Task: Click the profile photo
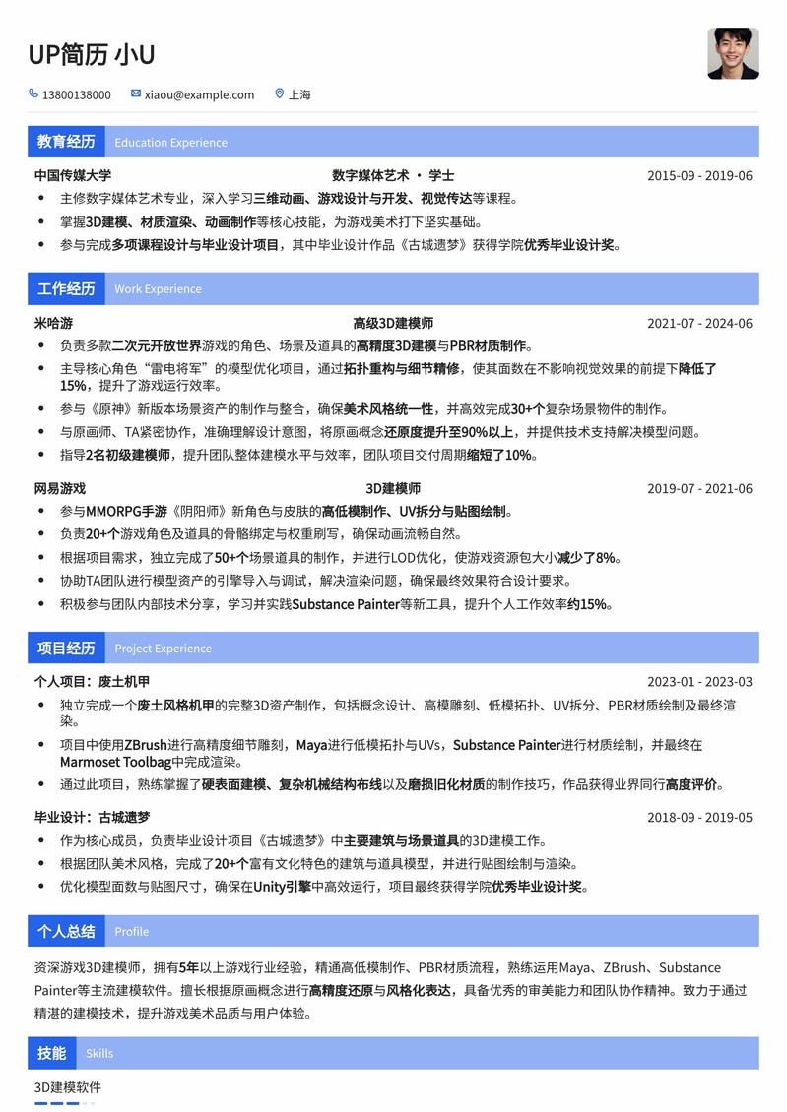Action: point(733,53)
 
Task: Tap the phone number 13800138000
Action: point(76,95)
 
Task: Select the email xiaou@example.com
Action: point(199,95)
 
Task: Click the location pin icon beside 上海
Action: point(280,94)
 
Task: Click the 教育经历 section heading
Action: point(66,142)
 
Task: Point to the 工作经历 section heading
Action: point(66,288)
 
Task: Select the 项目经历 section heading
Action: point(66,648)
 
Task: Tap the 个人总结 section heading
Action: point(66,931)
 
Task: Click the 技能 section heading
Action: point(51,1053)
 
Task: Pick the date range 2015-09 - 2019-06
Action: point(699,176)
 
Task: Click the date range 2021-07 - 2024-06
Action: point(699,323)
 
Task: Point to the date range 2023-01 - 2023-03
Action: point(699,682)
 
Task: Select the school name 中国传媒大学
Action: point(73,176)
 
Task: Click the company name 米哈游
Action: point(53,323)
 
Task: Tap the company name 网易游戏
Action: point(60,488)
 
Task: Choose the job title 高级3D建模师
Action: point(393,323)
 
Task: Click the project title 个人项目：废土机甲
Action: point(92,682)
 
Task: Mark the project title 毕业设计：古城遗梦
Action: point(92,817)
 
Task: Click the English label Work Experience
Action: point(158,289)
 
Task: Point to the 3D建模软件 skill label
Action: point(68,1087)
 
